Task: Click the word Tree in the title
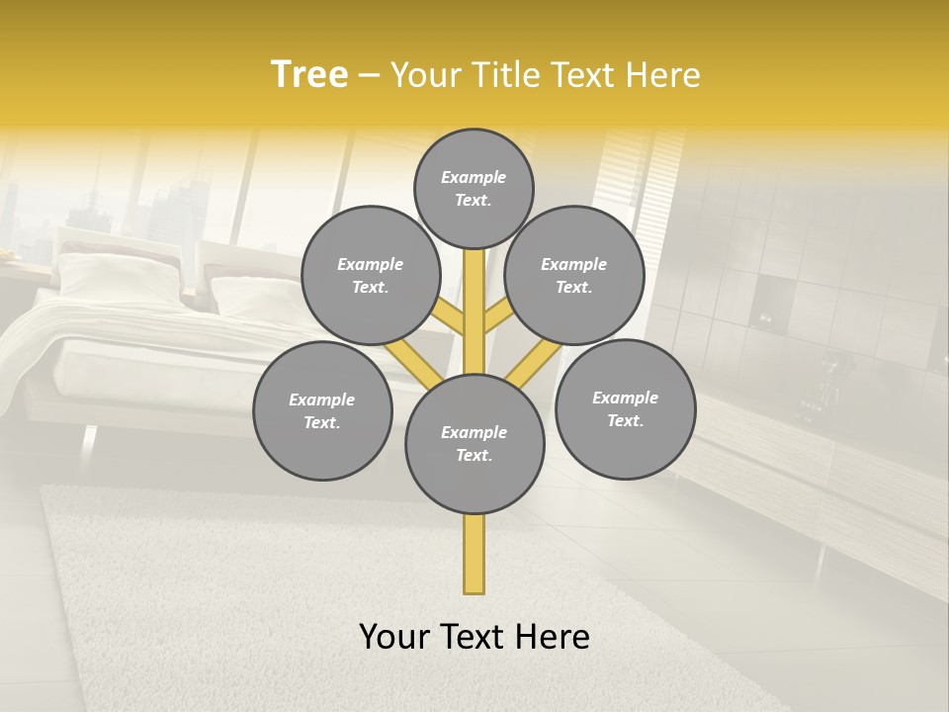309,74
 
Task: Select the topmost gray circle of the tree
474,188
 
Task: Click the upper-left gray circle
370,275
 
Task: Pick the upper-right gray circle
573,275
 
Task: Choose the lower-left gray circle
321,410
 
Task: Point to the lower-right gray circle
625,408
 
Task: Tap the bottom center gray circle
474,443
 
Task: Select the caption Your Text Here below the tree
474,637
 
